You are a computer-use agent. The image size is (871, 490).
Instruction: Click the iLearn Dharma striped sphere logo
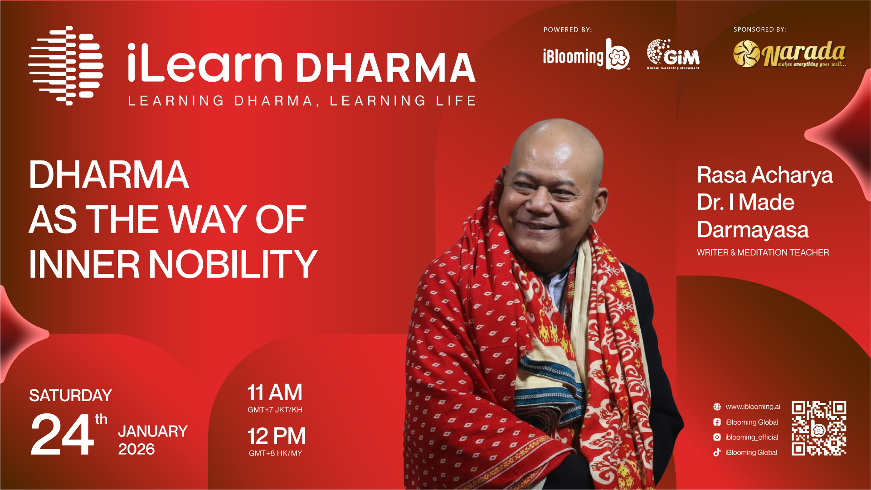[66, 66]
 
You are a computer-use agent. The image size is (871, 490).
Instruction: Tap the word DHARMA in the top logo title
[386, 68]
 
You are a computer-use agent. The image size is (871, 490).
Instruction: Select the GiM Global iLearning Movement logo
[673, 54]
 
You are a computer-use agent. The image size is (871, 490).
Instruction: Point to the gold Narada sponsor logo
[790, 54]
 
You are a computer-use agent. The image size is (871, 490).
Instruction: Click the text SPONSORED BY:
[760, 29]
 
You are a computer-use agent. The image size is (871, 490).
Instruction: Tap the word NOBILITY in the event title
[233, 264]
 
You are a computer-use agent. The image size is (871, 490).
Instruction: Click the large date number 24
[62, 435]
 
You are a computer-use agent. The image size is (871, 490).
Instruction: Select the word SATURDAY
[70, 396]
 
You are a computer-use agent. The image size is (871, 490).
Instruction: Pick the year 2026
[136, 449]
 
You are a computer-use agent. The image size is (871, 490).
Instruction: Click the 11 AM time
[275, 393]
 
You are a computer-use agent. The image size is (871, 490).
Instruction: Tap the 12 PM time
[277, 436]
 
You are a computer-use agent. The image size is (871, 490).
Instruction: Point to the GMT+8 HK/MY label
[275, 453]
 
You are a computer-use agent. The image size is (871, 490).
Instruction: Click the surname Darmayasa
[753, 230]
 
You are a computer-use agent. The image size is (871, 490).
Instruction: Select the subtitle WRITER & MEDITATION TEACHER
[763, 252]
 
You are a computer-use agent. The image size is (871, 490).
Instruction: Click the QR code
[819, 428]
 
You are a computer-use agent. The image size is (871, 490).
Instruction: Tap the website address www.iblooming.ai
[753, 407]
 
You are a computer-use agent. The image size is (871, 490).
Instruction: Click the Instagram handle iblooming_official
[752, 437]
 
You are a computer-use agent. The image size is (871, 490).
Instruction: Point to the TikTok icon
[717, 452]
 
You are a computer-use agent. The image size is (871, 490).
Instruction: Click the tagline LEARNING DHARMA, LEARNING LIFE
[302, 101]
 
